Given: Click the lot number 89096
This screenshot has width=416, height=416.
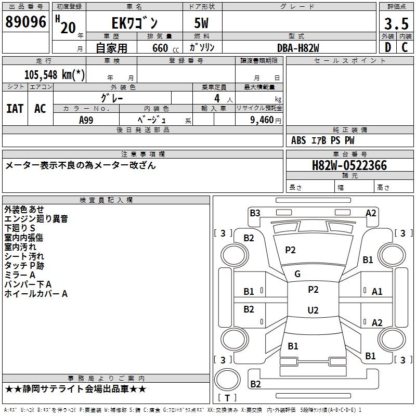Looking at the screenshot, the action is pos(25,22).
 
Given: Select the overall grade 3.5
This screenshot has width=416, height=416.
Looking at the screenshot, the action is pos(396,24).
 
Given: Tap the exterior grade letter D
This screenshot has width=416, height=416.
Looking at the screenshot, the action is pos(388,47).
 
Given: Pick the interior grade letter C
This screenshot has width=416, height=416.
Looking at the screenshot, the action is pos(405,47).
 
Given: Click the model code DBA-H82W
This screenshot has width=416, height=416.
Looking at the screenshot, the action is pos(298,48).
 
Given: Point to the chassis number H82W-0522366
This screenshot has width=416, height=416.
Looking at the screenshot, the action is pos(349,165).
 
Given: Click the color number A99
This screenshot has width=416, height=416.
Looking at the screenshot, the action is pos(86,120).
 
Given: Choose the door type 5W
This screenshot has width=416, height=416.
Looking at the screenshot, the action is pos(201,23).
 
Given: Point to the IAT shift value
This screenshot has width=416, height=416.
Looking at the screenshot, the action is pos(15,109).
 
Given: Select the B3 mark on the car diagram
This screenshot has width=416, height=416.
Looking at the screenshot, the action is pos(255,213).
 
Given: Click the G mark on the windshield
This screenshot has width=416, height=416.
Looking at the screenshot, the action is pos(297,274).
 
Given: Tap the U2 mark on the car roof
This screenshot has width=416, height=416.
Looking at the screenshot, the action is pos(313,310).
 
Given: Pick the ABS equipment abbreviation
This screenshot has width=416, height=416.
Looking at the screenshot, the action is pos(298,140).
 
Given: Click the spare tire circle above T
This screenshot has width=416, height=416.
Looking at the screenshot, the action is pos(227,380).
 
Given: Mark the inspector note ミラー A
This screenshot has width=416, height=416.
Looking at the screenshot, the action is pos(20,275).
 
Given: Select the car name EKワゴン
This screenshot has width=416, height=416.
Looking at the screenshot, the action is pos(135,23).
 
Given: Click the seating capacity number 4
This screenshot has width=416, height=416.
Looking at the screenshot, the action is pos(217,98).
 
